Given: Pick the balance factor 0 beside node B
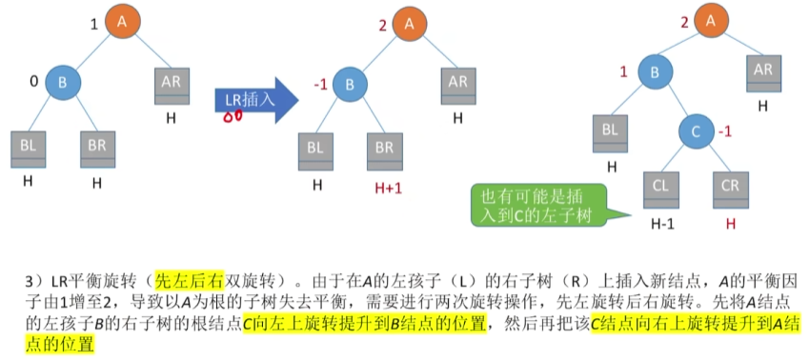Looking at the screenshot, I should tap(33, 82).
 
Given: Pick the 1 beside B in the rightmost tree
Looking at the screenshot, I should tap(623, 72).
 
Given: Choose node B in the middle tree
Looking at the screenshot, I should tap(350, 83).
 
